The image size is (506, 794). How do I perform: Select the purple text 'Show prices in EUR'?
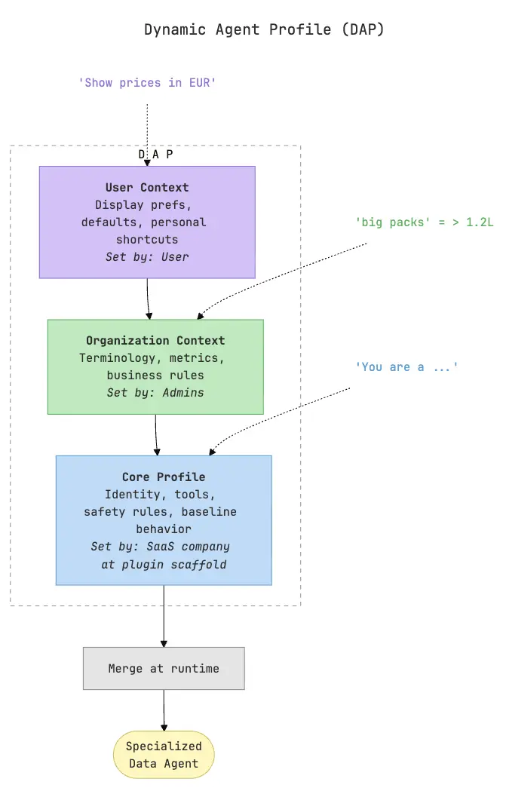147,82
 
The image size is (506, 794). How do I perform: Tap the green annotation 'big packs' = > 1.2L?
423,222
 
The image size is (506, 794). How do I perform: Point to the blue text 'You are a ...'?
406,366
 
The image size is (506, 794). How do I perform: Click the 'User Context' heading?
147,187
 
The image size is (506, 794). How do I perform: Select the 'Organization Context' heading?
155,341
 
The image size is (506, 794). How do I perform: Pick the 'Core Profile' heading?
164,477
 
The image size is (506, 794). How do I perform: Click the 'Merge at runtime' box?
164,668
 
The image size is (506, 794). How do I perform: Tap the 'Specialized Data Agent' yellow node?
164,754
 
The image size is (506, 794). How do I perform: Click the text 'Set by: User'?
147,256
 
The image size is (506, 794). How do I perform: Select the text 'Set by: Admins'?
155,392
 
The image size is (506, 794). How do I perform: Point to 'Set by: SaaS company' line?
161,546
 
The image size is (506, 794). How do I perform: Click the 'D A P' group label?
155,154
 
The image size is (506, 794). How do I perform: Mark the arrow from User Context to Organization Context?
148,299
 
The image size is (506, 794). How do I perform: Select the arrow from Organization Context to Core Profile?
156,434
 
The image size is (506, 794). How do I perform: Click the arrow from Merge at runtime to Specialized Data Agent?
164,710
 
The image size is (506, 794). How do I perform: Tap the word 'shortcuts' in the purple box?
147,239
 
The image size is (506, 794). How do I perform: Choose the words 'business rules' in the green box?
155,375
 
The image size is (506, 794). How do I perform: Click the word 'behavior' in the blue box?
164,529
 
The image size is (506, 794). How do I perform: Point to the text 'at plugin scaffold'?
164,563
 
